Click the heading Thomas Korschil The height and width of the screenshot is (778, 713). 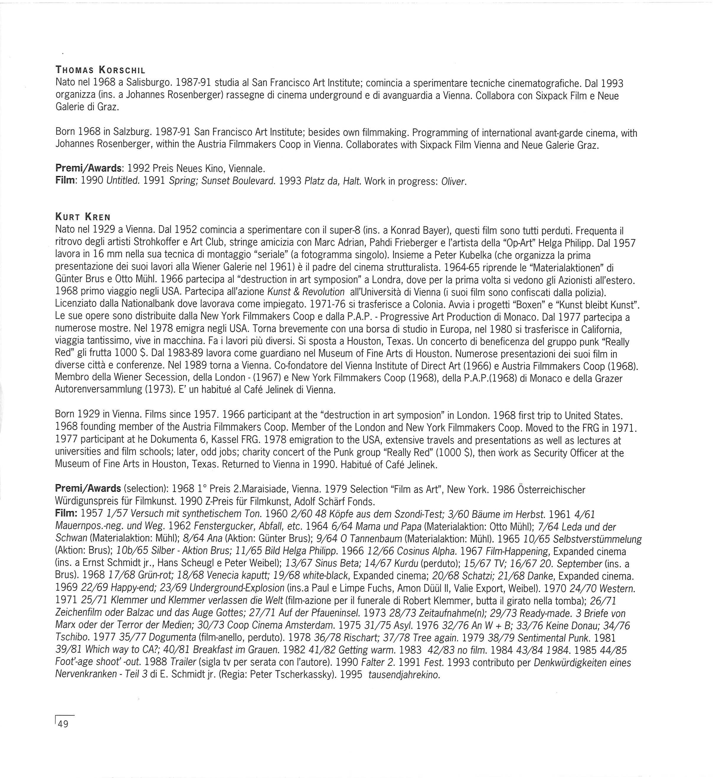coord(100,70)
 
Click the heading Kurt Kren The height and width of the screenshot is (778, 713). coord(83,217)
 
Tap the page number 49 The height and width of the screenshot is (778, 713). coord(63,724)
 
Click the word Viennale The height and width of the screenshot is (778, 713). coord(247,169)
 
